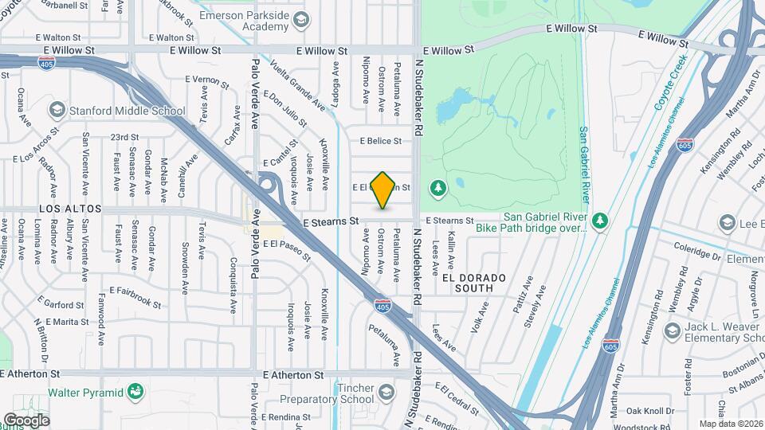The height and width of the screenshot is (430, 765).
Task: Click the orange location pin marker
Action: (x=383, y=190)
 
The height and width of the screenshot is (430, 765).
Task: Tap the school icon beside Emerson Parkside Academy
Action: (x=300, y=20)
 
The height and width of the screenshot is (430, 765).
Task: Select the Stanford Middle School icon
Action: (x=57, y=109)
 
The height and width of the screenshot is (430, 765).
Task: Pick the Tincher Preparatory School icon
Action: (x=386, y=393)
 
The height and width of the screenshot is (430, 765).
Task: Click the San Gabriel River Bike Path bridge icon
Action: (x=600, y=220)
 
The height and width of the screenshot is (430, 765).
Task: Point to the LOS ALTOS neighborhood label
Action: (x=71, y=209)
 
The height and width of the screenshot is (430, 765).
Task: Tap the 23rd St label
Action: (x=125, y=137)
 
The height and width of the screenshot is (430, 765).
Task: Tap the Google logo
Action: (x=25, y=420)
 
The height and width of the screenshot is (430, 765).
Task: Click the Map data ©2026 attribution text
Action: (x=730, y=424)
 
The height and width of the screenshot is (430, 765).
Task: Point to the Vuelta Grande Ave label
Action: (x=297, y=86)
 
